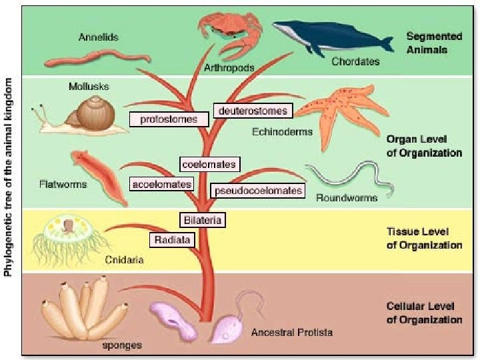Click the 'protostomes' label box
(x=169, y=119)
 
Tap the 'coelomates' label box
(x=209, y=164)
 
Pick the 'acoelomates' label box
(x=161, y=184)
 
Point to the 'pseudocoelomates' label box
(x=257, y=191)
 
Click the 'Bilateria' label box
(x=201, y=219)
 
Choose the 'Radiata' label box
(x=173, y=239)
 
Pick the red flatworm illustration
(x=100, y=176)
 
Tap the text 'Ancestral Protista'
(x=291, y=331)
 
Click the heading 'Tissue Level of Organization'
(x=424, y=239)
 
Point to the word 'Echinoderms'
(x=282, y=132)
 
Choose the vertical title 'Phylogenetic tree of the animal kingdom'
(x=9, y=177)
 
